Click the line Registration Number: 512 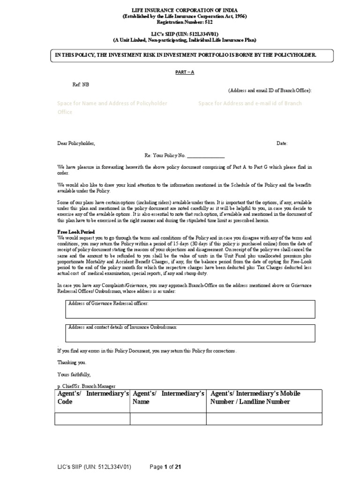pyautogui.click(x=185, y=22)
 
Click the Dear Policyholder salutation pyautogui.click(x=76, y=143)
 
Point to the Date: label pyautogui.click(x=282, y=143)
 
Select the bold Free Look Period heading pyautogui.click(x=76, y=232)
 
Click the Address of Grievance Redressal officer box pyautogui.click(x=190, y=309)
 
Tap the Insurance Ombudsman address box pyautogui.click(x=190, y=332)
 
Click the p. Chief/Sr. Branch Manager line pyautogui.click(x=86, y=385)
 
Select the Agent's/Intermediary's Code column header pyautogui.click(x=93, y=397)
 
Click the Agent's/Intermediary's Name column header pyautogui.click(x=168, y=397)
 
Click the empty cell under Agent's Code pyautogui.click(x=93, y=419)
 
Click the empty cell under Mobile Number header pyautogui.click(x=264, y=419)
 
